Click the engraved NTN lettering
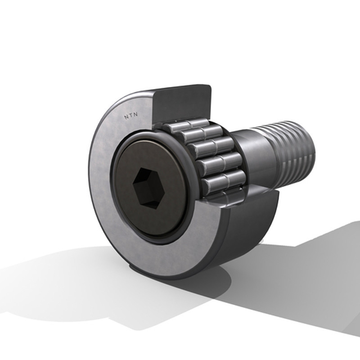pyautogui.click(x=131, y=116)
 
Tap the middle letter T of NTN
pyautogui.click(x=131, y=116)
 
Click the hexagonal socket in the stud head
pyautogui.click(x=148, y=188)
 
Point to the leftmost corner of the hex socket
pyautogui.click(x=133, y=183)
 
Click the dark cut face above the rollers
pyautogui.click(x=181, y=104)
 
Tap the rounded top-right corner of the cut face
pyautogui.click(x=208, y=87)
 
